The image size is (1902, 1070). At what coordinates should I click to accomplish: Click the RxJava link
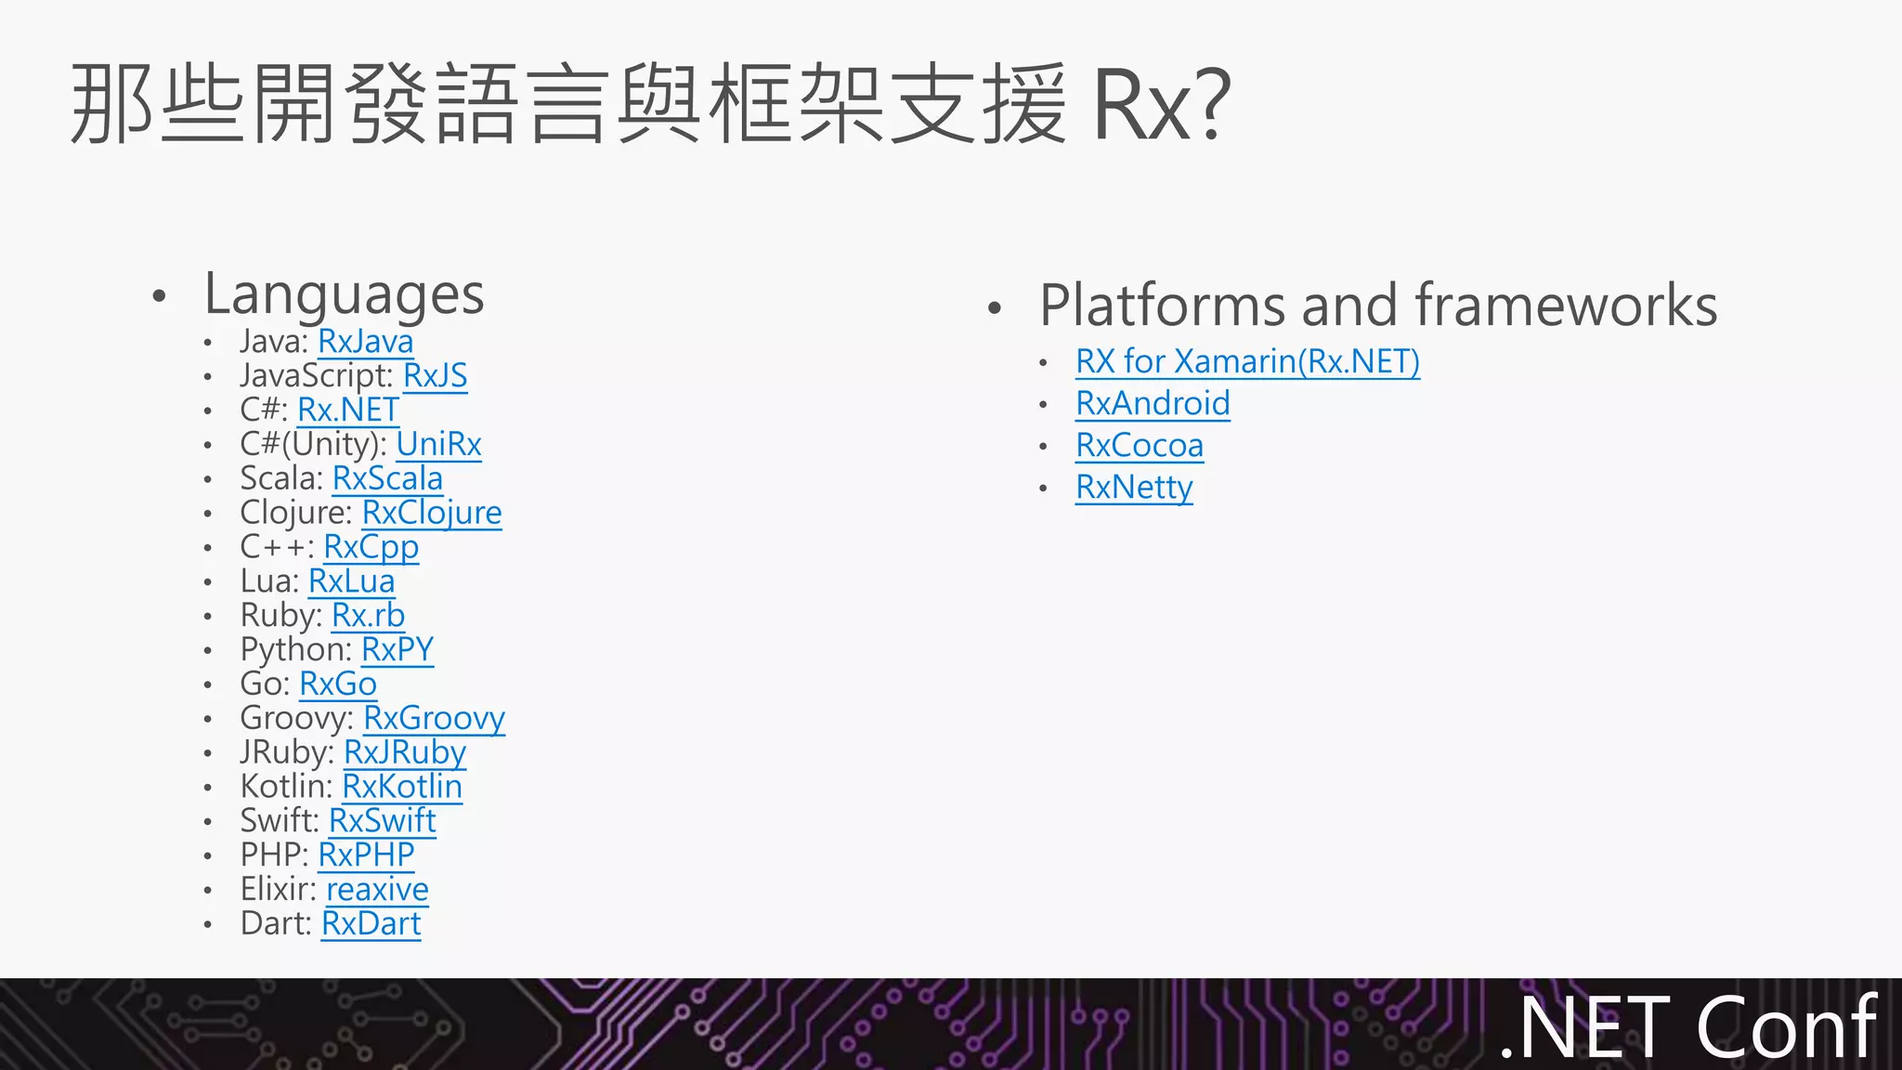(365, 342)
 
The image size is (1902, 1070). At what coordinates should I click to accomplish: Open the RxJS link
(435, 376)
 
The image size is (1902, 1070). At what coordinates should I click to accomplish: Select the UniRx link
(438, 445)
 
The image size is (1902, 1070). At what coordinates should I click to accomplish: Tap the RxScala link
(387, 478)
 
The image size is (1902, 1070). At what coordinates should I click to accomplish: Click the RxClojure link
(431, 513)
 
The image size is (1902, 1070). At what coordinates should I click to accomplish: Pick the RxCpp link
(371, 547)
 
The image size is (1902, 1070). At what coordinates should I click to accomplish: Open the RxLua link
(351, 581)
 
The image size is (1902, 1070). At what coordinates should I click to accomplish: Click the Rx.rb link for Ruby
(368, 616)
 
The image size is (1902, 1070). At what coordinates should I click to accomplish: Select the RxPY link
(397, 650)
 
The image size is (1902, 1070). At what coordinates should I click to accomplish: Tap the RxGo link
(338, 685)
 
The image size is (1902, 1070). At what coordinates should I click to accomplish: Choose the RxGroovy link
(434, 718)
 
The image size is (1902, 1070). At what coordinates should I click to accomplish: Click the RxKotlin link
(402, 787)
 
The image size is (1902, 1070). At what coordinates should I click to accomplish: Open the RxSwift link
(382, 821)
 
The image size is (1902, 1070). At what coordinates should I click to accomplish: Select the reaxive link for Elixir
(377, 890)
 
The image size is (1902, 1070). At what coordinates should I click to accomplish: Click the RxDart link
(371, 924)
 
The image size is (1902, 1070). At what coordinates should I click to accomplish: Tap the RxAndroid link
(1153, 404)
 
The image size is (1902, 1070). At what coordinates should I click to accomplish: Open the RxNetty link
(1134, 488)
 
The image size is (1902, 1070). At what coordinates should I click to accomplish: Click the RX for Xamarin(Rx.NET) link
(1247, 361)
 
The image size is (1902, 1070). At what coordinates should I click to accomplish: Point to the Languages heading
(344, 294)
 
